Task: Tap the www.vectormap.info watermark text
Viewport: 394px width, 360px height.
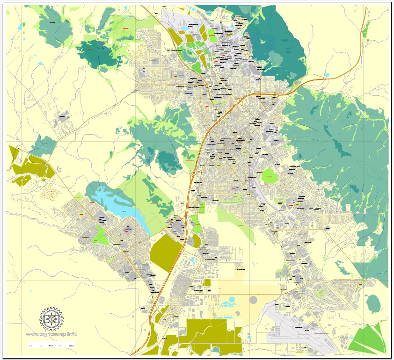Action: point(51,334)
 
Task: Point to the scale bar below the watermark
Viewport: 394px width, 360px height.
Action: point(51,346)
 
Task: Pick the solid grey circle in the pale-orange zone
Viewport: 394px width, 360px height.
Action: point(253,299)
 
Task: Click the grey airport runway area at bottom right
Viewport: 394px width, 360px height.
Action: point(290,323)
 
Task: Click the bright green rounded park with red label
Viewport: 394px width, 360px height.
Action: point(270,176)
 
